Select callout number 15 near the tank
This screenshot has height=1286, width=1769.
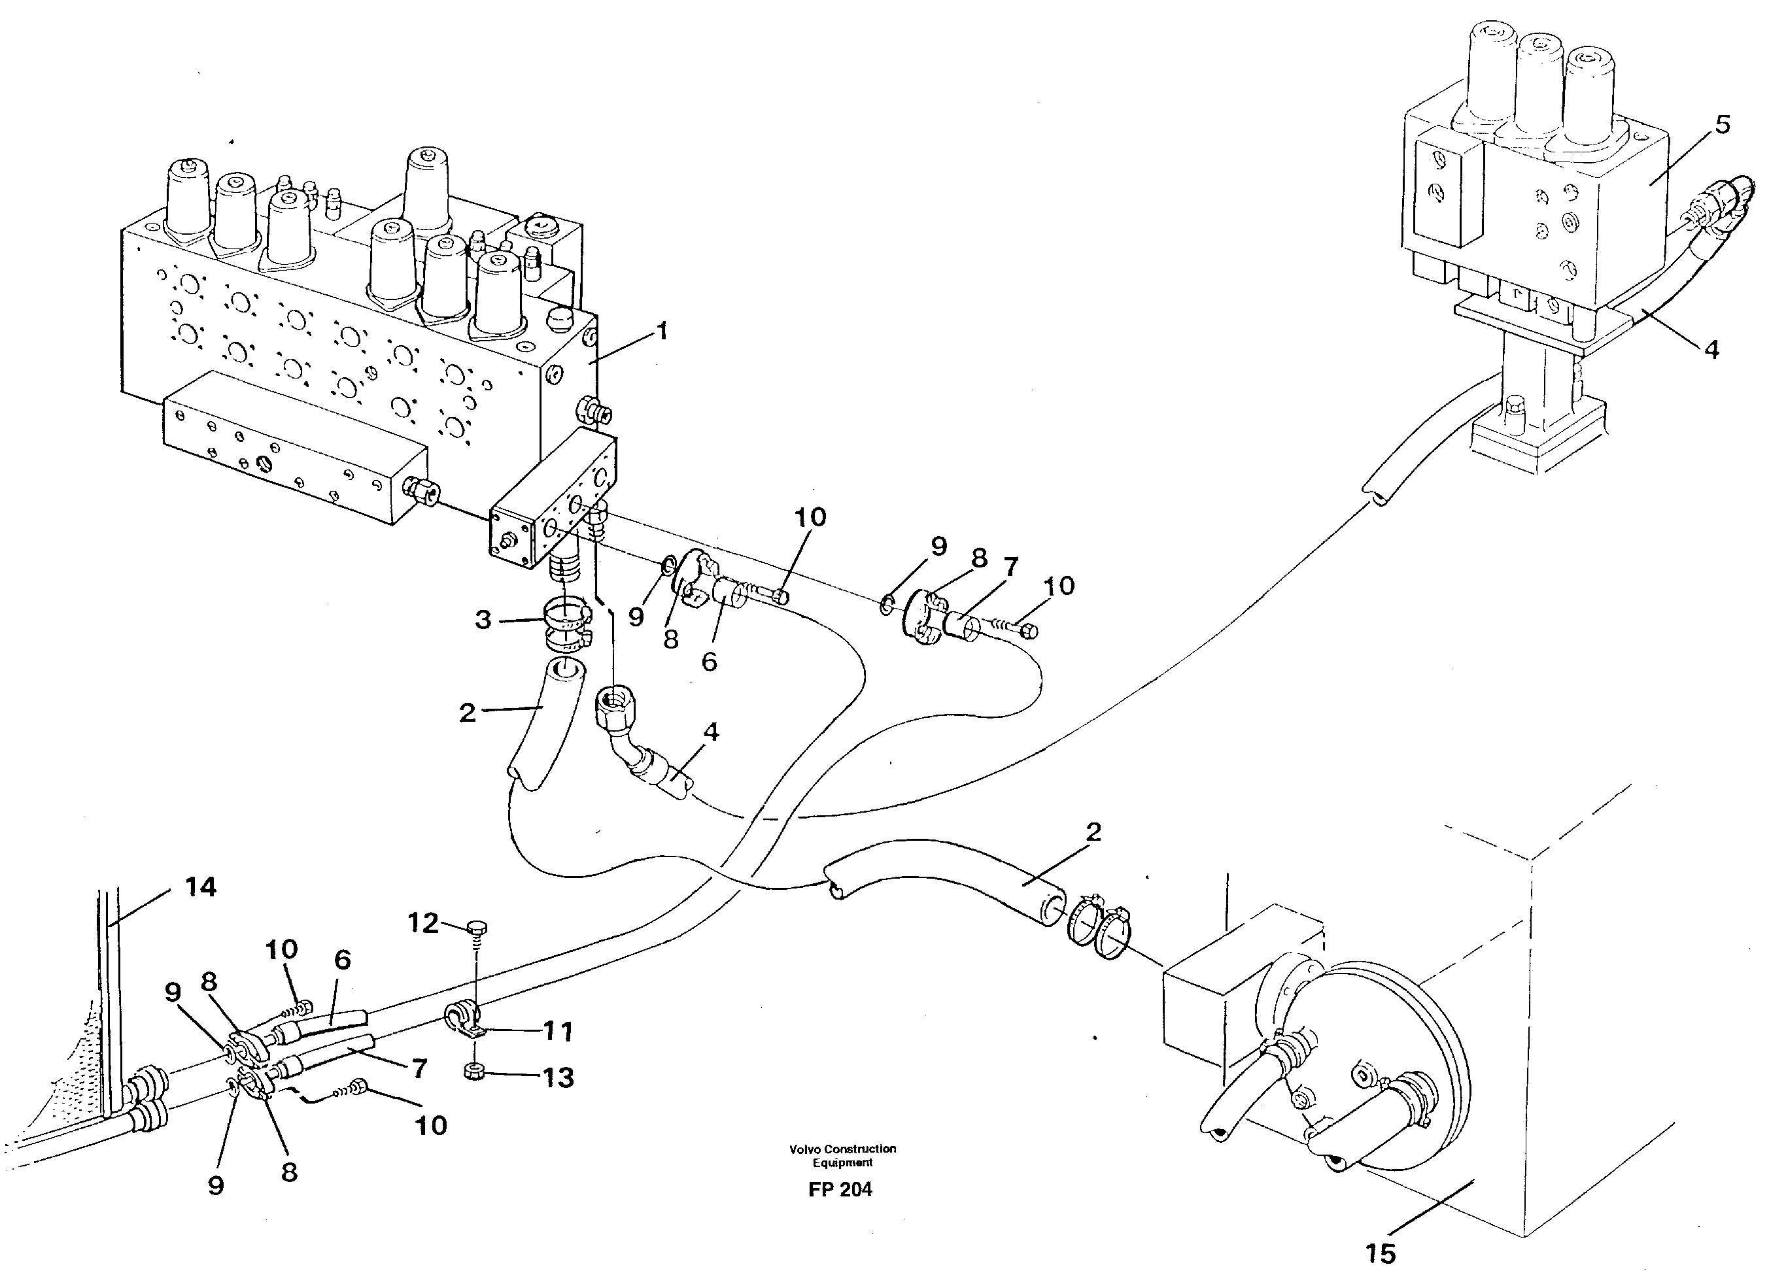(x=1380, y=1253)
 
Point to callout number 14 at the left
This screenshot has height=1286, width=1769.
(x=201, y=887)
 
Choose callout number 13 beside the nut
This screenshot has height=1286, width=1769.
(x=558, y=1078)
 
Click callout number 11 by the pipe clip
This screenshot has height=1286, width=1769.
(x=558, y=1032)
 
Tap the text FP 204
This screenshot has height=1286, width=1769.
(x=840, y=1189)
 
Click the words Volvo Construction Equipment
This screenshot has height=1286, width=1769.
(x=842, y=1155)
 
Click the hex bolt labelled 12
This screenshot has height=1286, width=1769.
(x=476, y=928)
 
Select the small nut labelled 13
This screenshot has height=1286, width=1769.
(x=473, y=1073)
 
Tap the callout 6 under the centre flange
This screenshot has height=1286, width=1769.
(x=708, y=662)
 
